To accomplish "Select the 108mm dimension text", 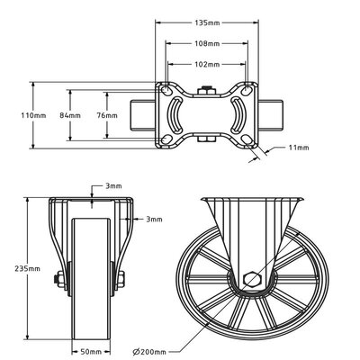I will [206, 42].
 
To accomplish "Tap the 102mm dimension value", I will [206, 64].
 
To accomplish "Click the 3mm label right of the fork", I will [154, 219].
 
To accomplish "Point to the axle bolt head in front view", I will [57, 281].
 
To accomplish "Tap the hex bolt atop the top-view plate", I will [206, 89].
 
